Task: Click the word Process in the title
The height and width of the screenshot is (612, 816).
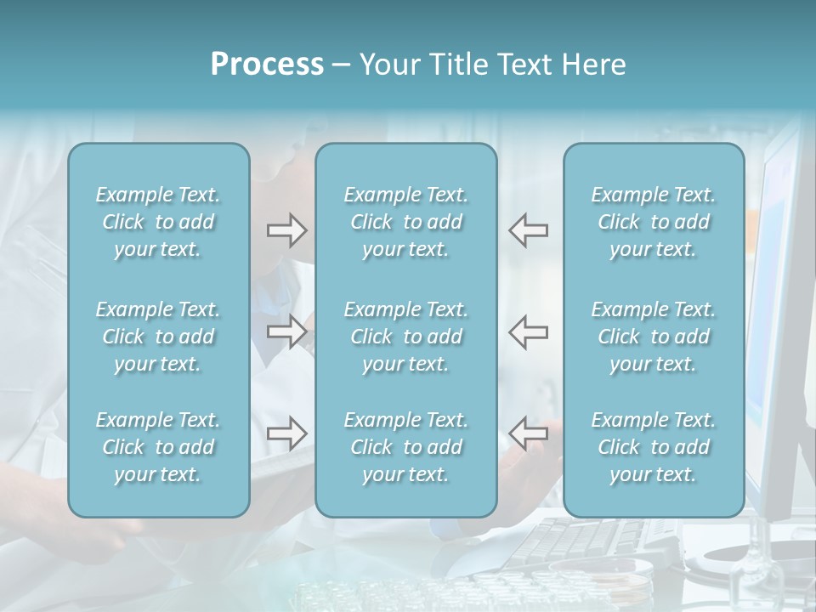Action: (267, 65)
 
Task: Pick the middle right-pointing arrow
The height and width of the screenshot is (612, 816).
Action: (286, 331)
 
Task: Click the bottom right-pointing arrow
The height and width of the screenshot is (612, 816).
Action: (286, 433)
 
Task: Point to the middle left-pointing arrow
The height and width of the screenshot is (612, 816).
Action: (529, 331)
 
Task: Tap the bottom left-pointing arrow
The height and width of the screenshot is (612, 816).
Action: (529, 433)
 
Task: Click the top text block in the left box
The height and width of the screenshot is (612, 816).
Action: (158, 222)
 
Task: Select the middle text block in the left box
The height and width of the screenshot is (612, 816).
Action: (158, 337)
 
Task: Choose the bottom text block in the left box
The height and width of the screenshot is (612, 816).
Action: (158, 447)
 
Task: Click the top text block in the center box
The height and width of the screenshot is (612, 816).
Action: (405, 222)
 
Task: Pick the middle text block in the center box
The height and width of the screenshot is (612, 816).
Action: (405, 337)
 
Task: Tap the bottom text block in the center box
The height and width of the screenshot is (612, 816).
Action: (405, 447)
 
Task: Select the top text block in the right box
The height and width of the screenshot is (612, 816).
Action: (653, 222)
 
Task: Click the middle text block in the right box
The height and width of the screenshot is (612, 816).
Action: (653, 337)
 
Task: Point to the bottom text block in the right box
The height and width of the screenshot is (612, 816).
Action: (653, 447)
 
